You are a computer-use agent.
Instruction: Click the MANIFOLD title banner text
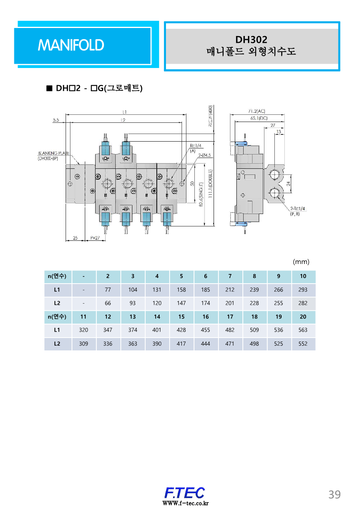point(71,45)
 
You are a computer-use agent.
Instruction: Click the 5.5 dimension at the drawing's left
point(56,119)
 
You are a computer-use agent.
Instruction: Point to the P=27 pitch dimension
point(95,238)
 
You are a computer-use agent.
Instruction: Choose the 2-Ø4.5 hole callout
point(204,155)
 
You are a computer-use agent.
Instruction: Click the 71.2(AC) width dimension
point(257,111)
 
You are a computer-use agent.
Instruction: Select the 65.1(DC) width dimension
point(259,118)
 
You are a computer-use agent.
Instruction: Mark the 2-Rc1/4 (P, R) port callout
point(298,211)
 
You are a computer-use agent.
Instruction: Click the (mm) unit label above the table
point(301,262)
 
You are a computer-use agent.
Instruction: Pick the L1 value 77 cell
point(108,290)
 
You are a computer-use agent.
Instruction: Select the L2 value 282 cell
point(303,303)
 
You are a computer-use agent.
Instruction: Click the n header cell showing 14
point(157,317)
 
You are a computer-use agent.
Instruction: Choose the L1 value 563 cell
point(303,330)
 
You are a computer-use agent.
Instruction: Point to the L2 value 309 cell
point(84,344)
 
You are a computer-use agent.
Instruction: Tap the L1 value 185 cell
point(206,290)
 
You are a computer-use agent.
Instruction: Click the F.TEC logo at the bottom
point(185,492)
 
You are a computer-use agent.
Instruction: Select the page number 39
point(334,494)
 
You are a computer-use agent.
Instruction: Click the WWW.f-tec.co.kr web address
point(185,503)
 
